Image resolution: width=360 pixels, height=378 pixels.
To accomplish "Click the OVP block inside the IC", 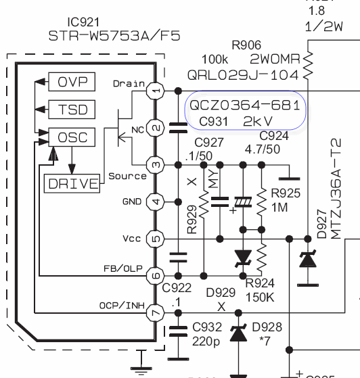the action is (x=72, y=82).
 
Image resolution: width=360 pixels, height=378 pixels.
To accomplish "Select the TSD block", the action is (x=72, y=110).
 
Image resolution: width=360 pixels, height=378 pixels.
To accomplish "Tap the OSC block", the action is (x=72, y=137).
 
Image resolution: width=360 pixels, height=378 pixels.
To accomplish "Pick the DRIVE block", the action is (x=72, y=183).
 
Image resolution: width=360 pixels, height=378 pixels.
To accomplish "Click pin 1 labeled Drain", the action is (x=156, y=91).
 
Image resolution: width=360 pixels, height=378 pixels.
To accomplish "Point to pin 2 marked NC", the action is (x=156, y=128).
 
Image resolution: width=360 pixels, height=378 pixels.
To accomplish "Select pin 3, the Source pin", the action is (x=156, y=165).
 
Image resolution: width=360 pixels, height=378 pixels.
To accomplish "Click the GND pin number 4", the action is (x=156, y=202).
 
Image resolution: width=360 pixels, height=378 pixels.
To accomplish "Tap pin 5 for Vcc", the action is (x=156, y=239).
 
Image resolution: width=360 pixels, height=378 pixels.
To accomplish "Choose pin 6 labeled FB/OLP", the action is (x=156, y=276).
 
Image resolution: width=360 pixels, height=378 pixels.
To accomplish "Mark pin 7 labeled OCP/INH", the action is (x=156, y=313).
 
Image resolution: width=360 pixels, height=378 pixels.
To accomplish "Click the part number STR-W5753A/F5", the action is (x=114, y=36).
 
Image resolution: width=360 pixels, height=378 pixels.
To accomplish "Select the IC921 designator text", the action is (x=83, y=22).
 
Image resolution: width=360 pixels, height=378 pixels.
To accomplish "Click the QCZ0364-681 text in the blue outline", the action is (x=245, y=105).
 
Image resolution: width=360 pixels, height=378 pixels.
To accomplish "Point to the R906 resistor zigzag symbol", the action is (x=308, y=65).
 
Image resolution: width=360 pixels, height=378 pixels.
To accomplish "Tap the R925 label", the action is (x=286, y=193).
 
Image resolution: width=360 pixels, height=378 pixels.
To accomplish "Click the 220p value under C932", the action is (x=206, y=341).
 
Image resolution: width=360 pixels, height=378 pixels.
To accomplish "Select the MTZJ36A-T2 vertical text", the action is (x=336, y=189).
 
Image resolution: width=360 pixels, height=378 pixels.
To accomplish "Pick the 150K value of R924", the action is (x=260, y=298).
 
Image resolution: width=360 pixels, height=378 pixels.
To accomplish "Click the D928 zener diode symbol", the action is (x=238, y=333).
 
